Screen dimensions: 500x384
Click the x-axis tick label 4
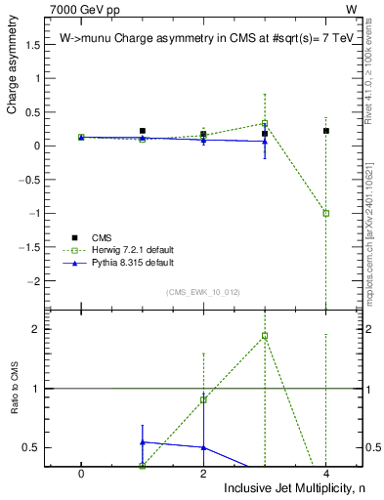pyautogui.click(x=326, y=473)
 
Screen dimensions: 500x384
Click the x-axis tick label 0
pyautogui.click(x=81, y=473)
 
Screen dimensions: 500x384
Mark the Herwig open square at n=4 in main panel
pyautogui.click(x=326, y=213)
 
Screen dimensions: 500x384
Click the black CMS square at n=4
pyautogui.click(x=326, y=131)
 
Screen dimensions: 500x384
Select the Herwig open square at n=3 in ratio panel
pyautogui.click(x=265, y=336)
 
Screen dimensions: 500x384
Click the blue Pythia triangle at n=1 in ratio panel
pyautogui.click(x=143, y=442)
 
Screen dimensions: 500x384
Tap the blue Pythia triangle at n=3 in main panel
pyautogui.click(x=265, y=141)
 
